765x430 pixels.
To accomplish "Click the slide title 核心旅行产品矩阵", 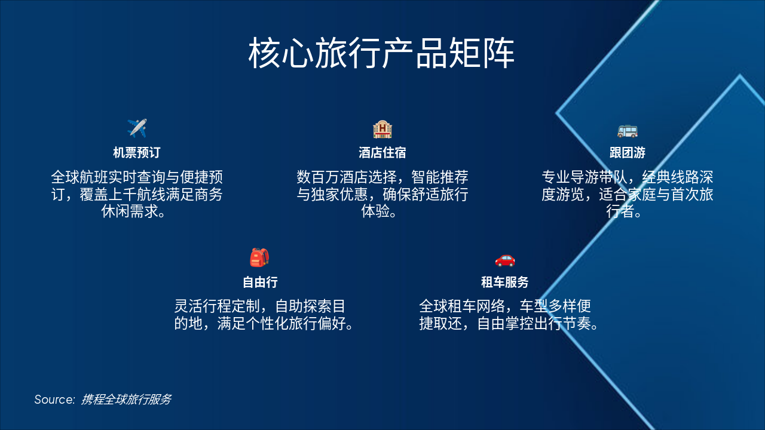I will coord(381,54).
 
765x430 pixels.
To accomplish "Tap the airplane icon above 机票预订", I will coord(137,128).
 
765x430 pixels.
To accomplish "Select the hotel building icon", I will coord(382,129).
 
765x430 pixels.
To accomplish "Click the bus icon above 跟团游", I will coord(627,130).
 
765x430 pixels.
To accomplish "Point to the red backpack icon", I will coord(259,257).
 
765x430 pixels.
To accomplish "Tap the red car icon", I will coord(505,259).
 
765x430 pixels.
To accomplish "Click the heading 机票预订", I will coord(137,152).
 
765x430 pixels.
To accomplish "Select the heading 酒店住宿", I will coord(382,152).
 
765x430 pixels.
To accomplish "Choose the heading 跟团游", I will coord(627,152).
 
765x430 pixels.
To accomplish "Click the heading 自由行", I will coord(259,282).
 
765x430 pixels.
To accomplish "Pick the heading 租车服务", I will coord(505,282).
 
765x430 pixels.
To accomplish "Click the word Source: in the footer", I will coord(54,400).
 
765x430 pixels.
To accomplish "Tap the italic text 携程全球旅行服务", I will coord(126,400).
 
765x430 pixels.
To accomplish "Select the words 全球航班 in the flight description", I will coord(79,177).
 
